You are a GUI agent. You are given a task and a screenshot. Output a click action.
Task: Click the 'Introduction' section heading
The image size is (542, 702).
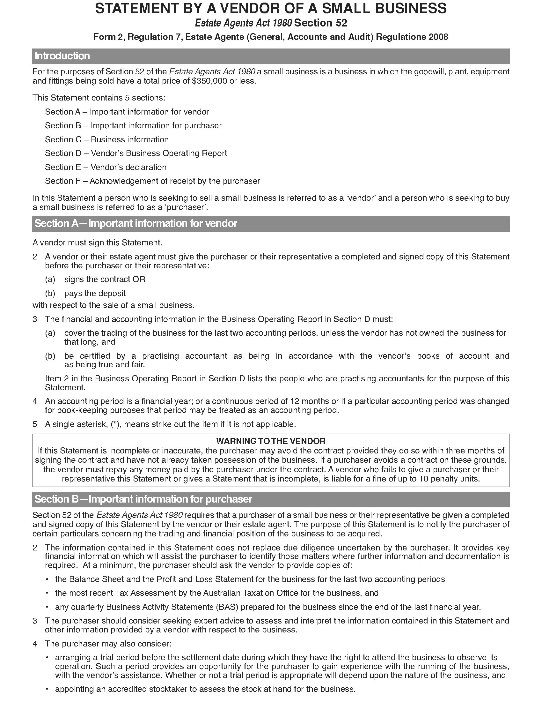tap(62, 56)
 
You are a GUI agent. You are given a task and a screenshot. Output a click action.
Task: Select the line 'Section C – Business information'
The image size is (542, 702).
tap(106, 139)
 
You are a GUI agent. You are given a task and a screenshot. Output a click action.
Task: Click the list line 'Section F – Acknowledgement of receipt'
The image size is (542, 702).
tap(152, 181)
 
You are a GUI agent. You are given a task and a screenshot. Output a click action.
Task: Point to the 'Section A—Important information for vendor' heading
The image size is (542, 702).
tap(135, 223)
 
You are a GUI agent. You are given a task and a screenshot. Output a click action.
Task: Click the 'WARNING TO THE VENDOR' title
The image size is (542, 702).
tap(271, 441)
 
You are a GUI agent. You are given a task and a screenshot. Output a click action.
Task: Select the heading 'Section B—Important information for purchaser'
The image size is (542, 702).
tap(143, 499)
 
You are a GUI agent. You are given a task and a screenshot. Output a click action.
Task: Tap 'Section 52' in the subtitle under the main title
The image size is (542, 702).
tap(320, 23)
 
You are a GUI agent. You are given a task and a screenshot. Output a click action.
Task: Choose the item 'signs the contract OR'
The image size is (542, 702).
tap(105, 279)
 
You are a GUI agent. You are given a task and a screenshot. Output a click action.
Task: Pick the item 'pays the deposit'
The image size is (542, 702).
tap(95, 293)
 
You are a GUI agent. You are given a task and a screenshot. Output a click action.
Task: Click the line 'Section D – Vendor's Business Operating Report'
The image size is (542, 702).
tap(136, 153)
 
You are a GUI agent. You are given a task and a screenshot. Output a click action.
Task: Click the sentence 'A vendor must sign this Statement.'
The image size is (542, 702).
tap(97, 243)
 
